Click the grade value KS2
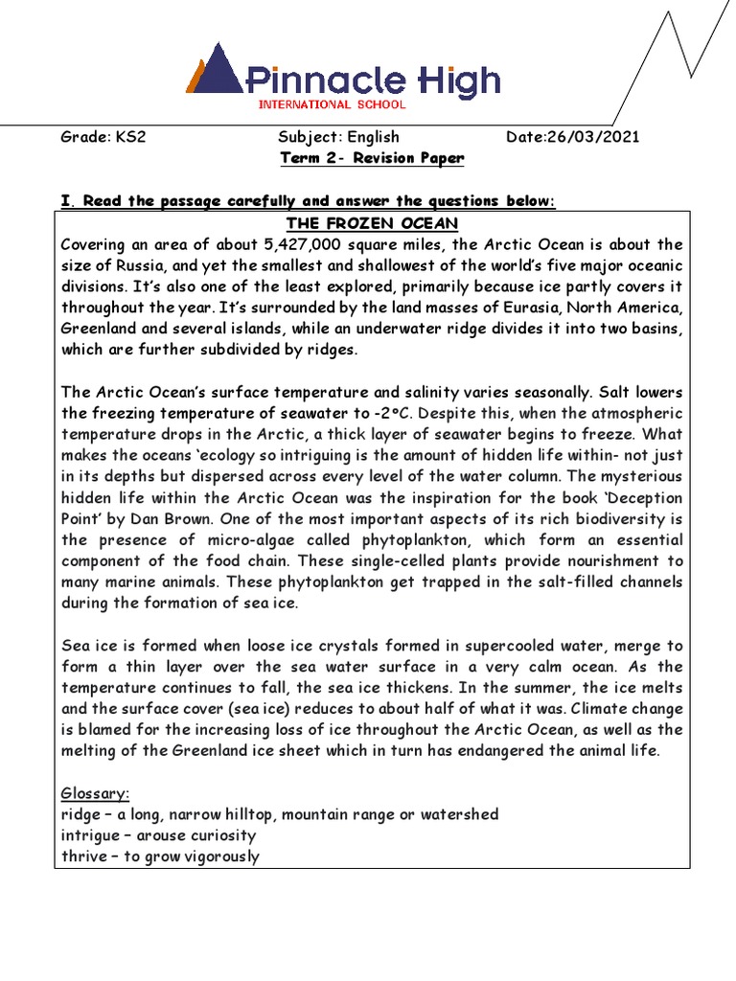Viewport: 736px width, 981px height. [x=130, y=137]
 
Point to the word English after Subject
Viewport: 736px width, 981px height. [x=373, y=137]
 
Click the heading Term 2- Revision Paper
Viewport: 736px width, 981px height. [x=372, y=158]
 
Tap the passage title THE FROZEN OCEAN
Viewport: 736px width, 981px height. [x=372, y=223]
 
